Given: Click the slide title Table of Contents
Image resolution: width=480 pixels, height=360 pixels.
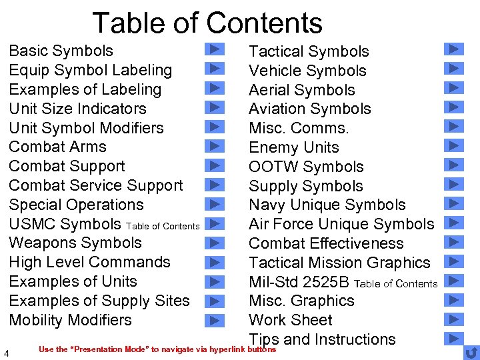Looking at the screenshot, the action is click(207, 23).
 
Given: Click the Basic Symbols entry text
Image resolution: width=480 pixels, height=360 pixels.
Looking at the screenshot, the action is click(61, 51).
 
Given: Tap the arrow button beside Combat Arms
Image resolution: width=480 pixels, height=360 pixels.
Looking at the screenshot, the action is click(214, 145).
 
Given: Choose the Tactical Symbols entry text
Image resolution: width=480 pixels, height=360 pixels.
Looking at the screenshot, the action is click(309, 51).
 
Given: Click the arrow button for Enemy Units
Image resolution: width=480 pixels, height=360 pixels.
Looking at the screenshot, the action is click(453, 145).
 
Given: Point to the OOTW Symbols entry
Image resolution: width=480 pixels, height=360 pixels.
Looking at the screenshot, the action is click(306, 167).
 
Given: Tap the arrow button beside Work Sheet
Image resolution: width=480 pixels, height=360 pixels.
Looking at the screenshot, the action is click(453, 318).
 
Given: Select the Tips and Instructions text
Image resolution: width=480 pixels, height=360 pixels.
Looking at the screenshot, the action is click(322, 339).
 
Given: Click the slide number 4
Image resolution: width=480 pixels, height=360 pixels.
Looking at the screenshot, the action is click(6, 353).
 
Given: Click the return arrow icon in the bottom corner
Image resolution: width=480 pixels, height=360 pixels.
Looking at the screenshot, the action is click(471, 352).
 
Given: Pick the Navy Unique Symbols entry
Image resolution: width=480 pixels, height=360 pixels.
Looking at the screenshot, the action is click(327, 205).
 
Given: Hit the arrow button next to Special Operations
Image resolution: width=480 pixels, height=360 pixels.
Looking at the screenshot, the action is click(214, 203).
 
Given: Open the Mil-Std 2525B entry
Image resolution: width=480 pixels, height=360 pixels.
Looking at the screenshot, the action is click(301, 282).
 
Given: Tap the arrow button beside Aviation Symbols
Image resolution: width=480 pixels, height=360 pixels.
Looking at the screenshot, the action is click(453, 107).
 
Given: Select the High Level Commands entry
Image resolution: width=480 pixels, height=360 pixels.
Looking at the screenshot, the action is click(89, 262).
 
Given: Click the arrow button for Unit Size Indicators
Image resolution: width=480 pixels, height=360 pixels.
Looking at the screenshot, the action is click(214, 107).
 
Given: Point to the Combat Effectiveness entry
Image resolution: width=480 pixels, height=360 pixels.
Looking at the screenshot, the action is click(326, 243).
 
